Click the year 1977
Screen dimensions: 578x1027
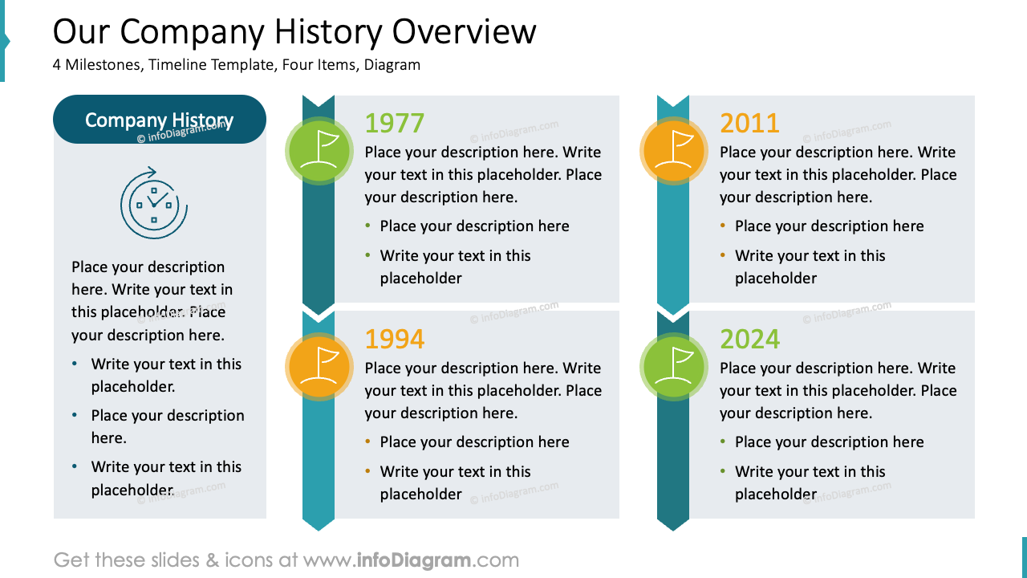(x=394, y=123)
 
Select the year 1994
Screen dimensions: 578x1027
(x=394, y=339)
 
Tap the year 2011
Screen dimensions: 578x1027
(x=749, y=123)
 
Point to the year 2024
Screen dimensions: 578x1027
(x=749, y=339)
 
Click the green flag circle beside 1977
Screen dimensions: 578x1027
(x=319, y=151)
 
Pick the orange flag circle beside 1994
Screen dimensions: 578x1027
(x=319, y=367)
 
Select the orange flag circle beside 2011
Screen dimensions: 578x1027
(x=674, y=151)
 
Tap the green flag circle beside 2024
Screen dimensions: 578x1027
(x=674, y=367)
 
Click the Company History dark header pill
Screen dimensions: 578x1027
(x=160, y=120)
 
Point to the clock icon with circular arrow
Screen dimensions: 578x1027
(x=154, y=203)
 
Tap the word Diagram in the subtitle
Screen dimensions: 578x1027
(x=392, y=65)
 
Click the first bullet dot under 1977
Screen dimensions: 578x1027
(x=368, y=226)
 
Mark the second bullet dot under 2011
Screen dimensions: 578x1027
(x=723, y=255)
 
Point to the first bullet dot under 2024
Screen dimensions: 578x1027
(x=723, y=442)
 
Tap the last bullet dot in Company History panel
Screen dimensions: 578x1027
(x=75, y=466)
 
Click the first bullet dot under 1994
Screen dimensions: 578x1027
(x=368, y=442)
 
